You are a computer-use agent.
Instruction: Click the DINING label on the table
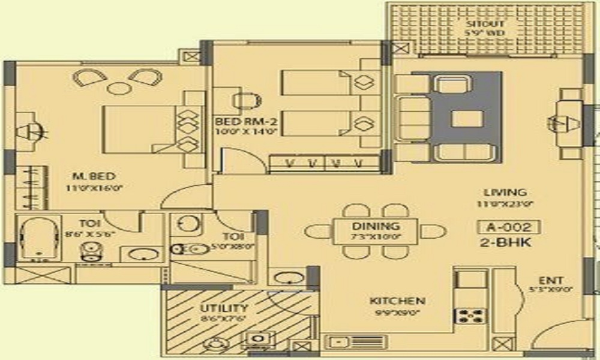point(376,226)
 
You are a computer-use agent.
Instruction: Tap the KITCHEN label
point(397,301)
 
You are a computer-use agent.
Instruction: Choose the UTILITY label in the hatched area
point(224,308)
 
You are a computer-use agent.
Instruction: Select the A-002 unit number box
point(509,227)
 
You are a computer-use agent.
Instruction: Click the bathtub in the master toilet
point(38,239)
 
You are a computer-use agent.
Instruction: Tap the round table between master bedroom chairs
point(119,88)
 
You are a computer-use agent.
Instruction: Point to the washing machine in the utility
point(257,340)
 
